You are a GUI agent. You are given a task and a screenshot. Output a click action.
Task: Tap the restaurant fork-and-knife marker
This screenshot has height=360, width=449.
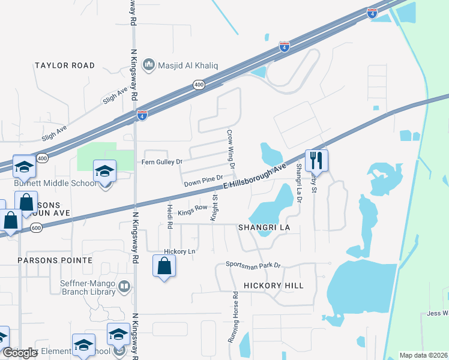click(316, 160)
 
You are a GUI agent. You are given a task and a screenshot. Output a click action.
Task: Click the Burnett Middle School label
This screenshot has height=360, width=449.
click(55, 183)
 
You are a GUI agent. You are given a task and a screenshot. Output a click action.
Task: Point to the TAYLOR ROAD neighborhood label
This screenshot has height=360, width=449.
click(65, 65)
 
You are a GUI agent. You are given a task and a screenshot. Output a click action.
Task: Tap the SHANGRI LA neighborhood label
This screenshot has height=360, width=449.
click(264, 228)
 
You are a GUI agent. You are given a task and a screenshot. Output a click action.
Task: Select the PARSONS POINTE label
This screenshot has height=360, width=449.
click(55, 260)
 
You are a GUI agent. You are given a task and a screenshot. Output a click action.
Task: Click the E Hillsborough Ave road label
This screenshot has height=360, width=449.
click(253, 178)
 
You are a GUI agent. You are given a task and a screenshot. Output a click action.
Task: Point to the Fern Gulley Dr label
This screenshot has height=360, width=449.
click(161, 162)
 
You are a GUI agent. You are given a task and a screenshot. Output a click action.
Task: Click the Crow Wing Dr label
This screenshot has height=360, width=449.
click(230, 148)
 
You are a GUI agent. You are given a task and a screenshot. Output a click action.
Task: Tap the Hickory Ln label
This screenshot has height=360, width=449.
click(179, 251)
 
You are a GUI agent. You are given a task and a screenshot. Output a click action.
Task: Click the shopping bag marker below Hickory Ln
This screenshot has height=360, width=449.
click(164, 266)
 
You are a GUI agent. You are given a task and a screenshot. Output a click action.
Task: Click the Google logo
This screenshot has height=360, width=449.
click(20, 353)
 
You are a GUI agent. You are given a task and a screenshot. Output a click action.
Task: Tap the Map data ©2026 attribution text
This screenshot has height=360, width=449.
click(424, 355)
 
